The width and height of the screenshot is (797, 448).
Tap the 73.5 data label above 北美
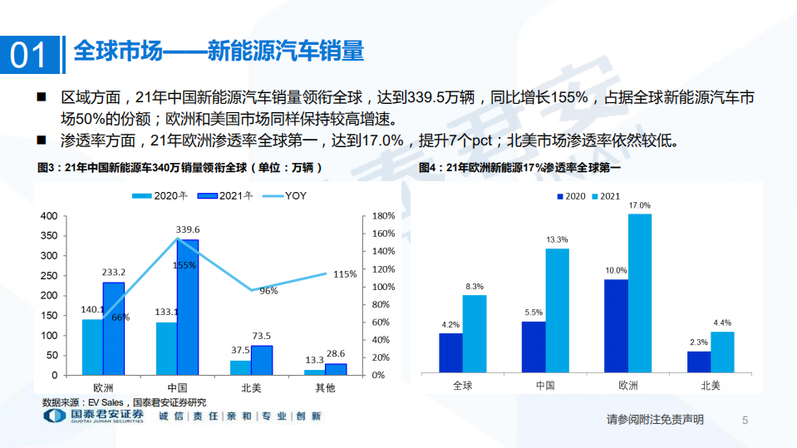(262, 336)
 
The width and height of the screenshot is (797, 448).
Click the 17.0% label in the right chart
(640, 204)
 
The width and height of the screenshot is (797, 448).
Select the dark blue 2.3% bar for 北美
(699, 362)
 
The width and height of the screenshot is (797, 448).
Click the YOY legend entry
(290, 197)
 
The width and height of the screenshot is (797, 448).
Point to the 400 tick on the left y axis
(49, 216)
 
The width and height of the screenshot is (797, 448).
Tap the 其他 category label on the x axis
(324, 387)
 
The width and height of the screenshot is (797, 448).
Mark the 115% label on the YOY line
(346, 273)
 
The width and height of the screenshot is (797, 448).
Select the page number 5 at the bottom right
(745, 421)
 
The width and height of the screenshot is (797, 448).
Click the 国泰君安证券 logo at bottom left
(92, 416)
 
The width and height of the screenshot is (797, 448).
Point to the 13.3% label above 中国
(558, 239)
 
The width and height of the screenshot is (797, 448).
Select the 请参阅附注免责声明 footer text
(656, 420)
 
